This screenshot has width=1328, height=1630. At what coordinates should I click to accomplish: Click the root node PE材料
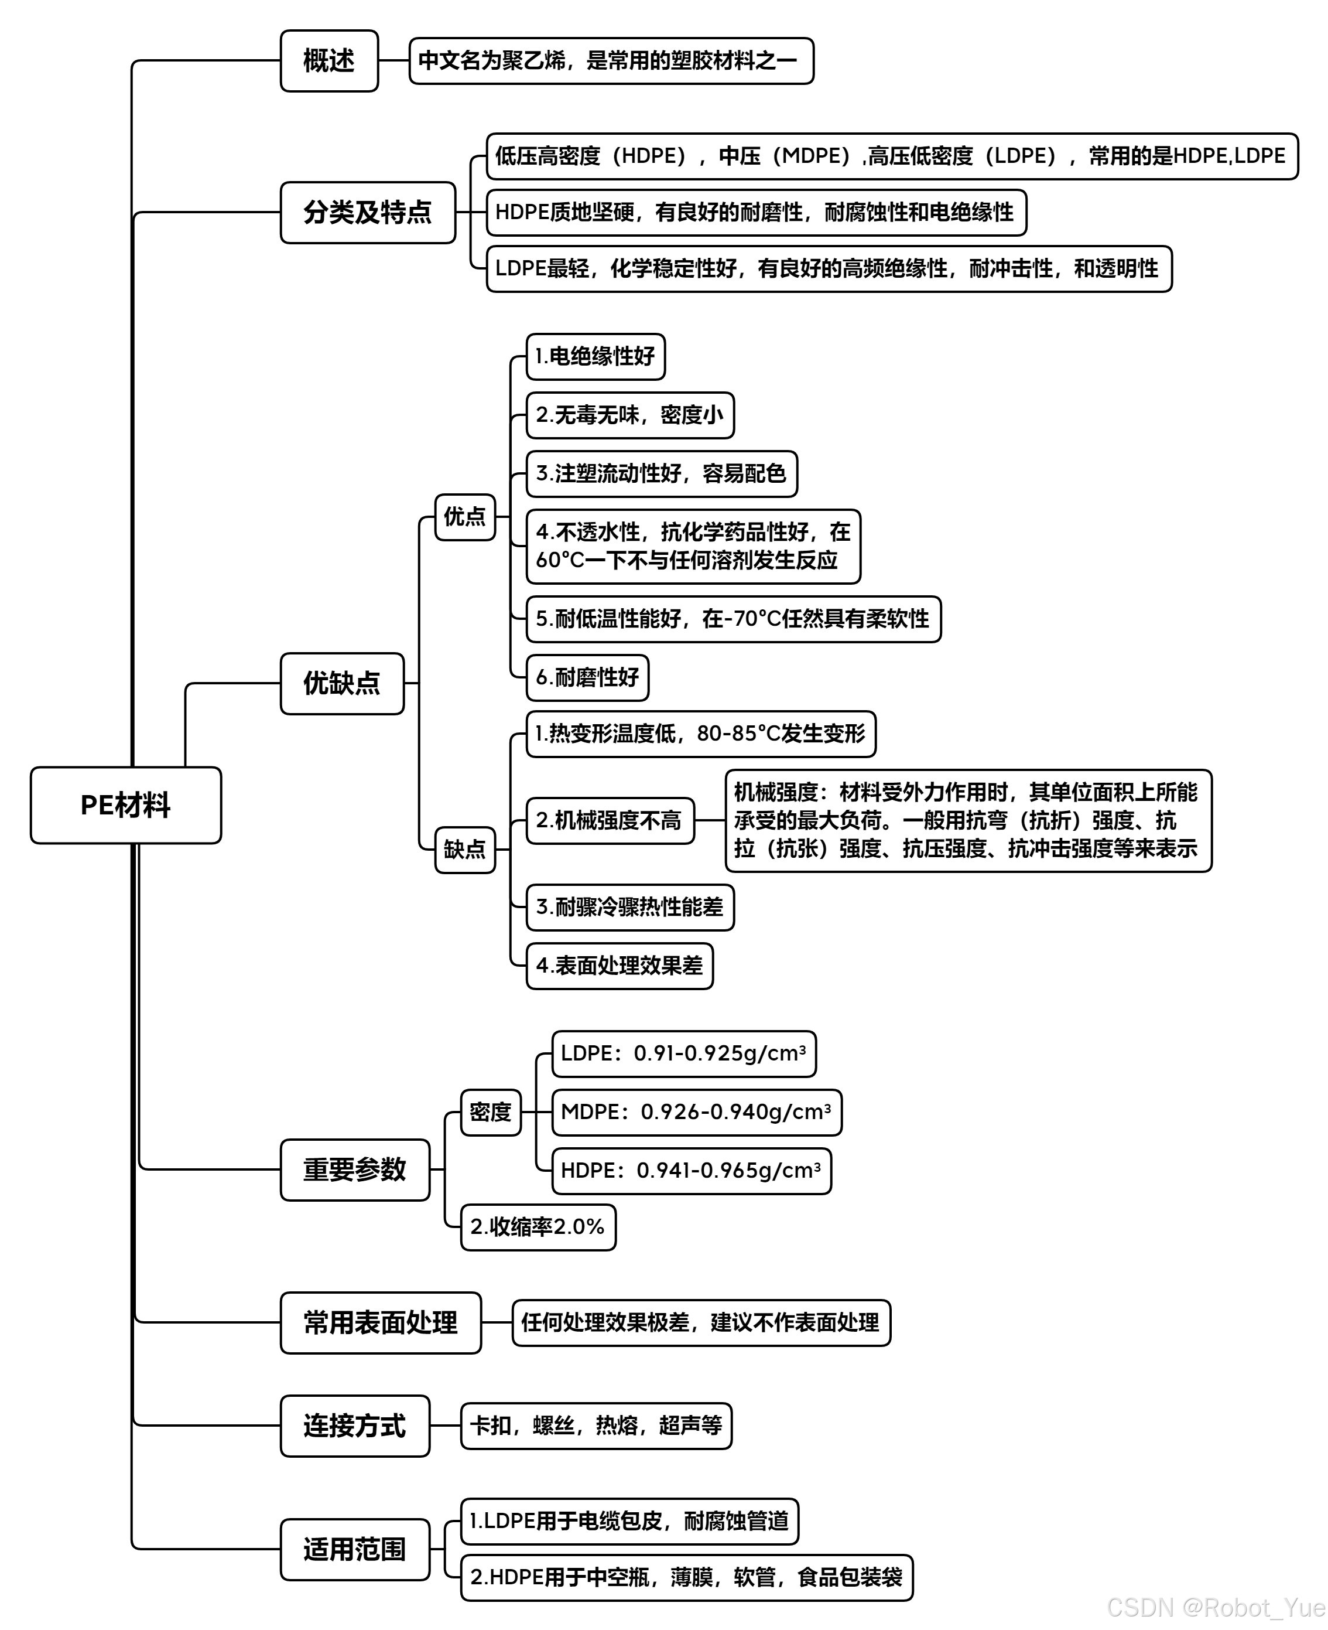click(x=125, y=805)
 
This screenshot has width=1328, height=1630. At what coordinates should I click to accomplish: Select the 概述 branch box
click(x=329, y=60)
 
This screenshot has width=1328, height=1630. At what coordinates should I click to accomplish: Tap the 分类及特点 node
click(x=367, y=212)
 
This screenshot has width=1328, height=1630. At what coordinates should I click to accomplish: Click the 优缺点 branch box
click(x=342, y=683)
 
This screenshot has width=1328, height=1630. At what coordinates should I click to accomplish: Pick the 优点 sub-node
click(x=465, y=517)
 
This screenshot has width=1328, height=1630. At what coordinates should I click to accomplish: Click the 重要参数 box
click(x=355, y=1169)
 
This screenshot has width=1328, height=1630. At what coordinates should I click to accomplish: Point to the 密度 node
click(x=490, y=1112)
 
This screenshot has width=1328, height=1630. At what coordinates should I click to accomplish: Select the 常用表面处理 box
click(x=380, y=1322)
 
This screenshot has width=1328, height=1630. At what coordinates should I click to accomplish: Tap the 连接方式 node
click(x=355, y=1426)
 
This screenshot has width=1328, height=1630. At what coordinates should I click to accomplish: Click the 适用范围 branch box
click(x=355, y=1550)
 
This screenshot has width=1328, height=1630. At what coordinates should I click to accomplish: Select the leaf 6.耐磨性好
click(x=587, y=677)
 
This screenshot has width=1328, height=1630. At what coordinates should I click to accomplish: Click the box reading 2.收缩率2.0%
click(x=538, y=1227)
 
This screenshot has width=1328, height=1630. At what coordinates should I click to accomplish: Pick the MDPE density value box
click(x=696, y=1112)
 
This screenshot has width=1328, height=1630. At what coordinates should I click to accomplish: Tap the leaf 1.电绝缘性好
click(x=595, y=356)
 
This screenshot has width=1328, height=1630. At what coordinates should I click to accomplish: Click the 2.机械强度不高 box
click(x=610, y=820)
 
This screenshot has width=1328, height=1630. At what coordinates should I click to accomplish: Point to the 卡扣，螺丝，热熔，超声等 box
click(x=596, y=1425)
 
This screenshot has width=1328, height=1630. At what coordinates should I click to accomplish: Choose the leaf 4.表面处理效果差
click(x=619, y=966)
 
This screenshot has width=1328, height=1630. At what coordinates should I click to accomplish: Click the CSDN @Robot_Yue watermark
click(x=1216, y=1608)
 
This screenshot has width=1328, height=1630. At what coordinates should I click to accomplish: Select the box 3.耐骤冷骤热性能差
click(x=629, y=907)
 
